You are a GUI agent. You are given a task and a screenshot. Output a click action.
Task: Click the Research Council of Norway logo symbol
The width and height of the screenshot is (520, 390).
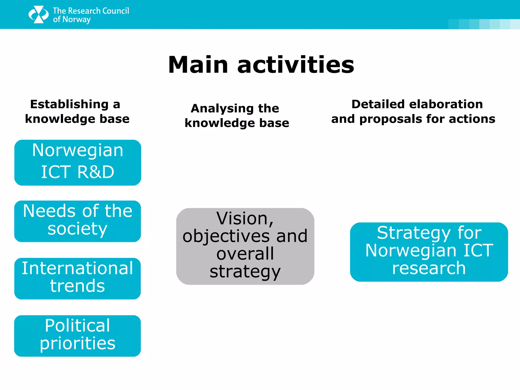coord(38,14)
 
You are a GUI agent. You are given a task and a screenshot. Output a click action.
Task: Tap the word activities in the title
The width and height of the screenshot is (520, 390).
coord(296,65)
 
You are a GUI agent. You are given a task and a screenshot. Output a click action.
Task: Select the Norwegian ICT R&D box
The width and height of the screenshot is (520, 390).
coord(78,162)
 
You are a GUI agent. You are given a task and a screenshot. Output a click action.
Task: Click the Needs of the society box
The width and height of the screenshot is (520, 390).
coord(77,221)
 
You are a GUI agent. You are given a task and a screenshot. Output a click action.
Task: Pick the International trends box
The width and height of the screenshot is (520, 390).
coord(77,279)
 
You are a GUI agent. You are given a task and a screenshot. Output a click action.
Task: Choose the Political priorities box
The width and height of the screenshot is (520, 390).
coord(77,336)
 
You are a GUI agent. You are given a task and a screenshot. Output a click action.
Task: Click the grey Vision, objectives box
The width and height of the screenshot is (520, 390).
coord(245,246)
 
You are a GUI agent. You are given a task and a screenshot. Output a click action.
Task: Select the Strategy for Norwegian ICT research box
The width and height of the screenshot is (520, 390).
coord(429,252)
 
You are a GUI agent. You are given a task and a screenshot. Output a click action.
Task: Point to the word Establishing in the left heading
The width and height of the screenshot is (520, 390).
coord(69,104)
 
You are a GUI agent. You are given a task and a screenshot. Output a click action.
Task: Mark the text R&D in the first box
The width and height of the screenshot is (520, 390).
coord(96,172)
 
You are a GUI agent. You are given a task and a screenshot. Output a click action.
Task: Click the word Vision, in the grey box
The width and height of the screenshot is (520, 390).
coord(245,219)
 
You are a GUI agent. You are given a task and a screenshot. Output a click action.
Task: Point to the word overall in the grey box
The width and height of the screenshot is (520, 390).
coord(245,254)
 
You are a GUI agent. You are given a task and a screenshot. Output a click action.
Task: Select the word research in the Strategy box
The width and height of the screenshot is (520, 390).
coord(429,268)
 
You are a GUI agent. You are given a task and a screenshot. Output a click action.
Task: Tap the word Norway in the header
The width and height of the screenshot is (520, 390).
coord(76,20)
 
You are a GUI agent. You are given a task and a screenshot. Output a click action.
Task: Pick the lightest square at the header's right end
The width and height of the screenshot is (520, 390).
coord(515,24)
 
